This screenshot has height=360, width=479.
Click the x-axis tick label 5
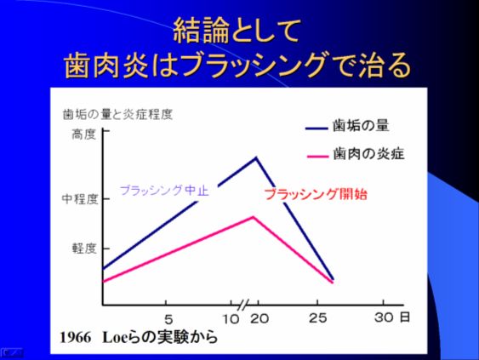168,320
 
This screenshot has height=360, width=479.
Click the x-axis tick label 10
231,319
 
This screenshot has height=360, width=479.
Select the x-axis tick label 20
259,319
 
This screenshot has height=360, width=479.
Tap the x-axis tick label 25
318,318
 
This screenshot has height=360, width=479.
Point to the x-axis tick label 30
384,317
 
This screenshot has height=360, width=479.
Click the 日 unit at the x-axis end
405,317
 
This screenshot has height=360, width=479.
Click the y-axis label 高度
84,134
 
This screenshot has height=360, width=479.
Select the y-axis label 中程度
80,199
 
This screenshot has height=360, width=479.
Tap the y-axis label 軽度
84,249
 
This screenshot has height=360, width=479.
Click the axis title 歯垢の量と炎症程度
118,115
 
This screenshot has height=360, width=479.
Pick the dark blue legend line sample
316,129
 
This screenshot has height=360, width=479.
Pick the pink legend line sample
317,157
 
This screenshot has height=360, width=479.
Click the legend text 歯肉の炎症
368,153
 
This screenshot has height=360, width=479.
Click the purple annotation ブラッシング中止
165,191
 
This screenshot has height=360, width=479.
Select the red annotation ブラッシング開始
316,194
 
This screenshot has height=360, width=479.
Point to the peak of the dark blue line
256,157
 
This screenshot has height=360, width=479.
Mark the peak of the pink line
253,217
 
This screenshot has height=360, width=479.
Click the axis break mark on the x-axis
242,305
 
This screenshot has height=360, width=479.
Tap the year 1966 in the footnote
76,338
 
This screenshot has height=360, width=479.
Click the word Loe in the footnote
115,338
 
